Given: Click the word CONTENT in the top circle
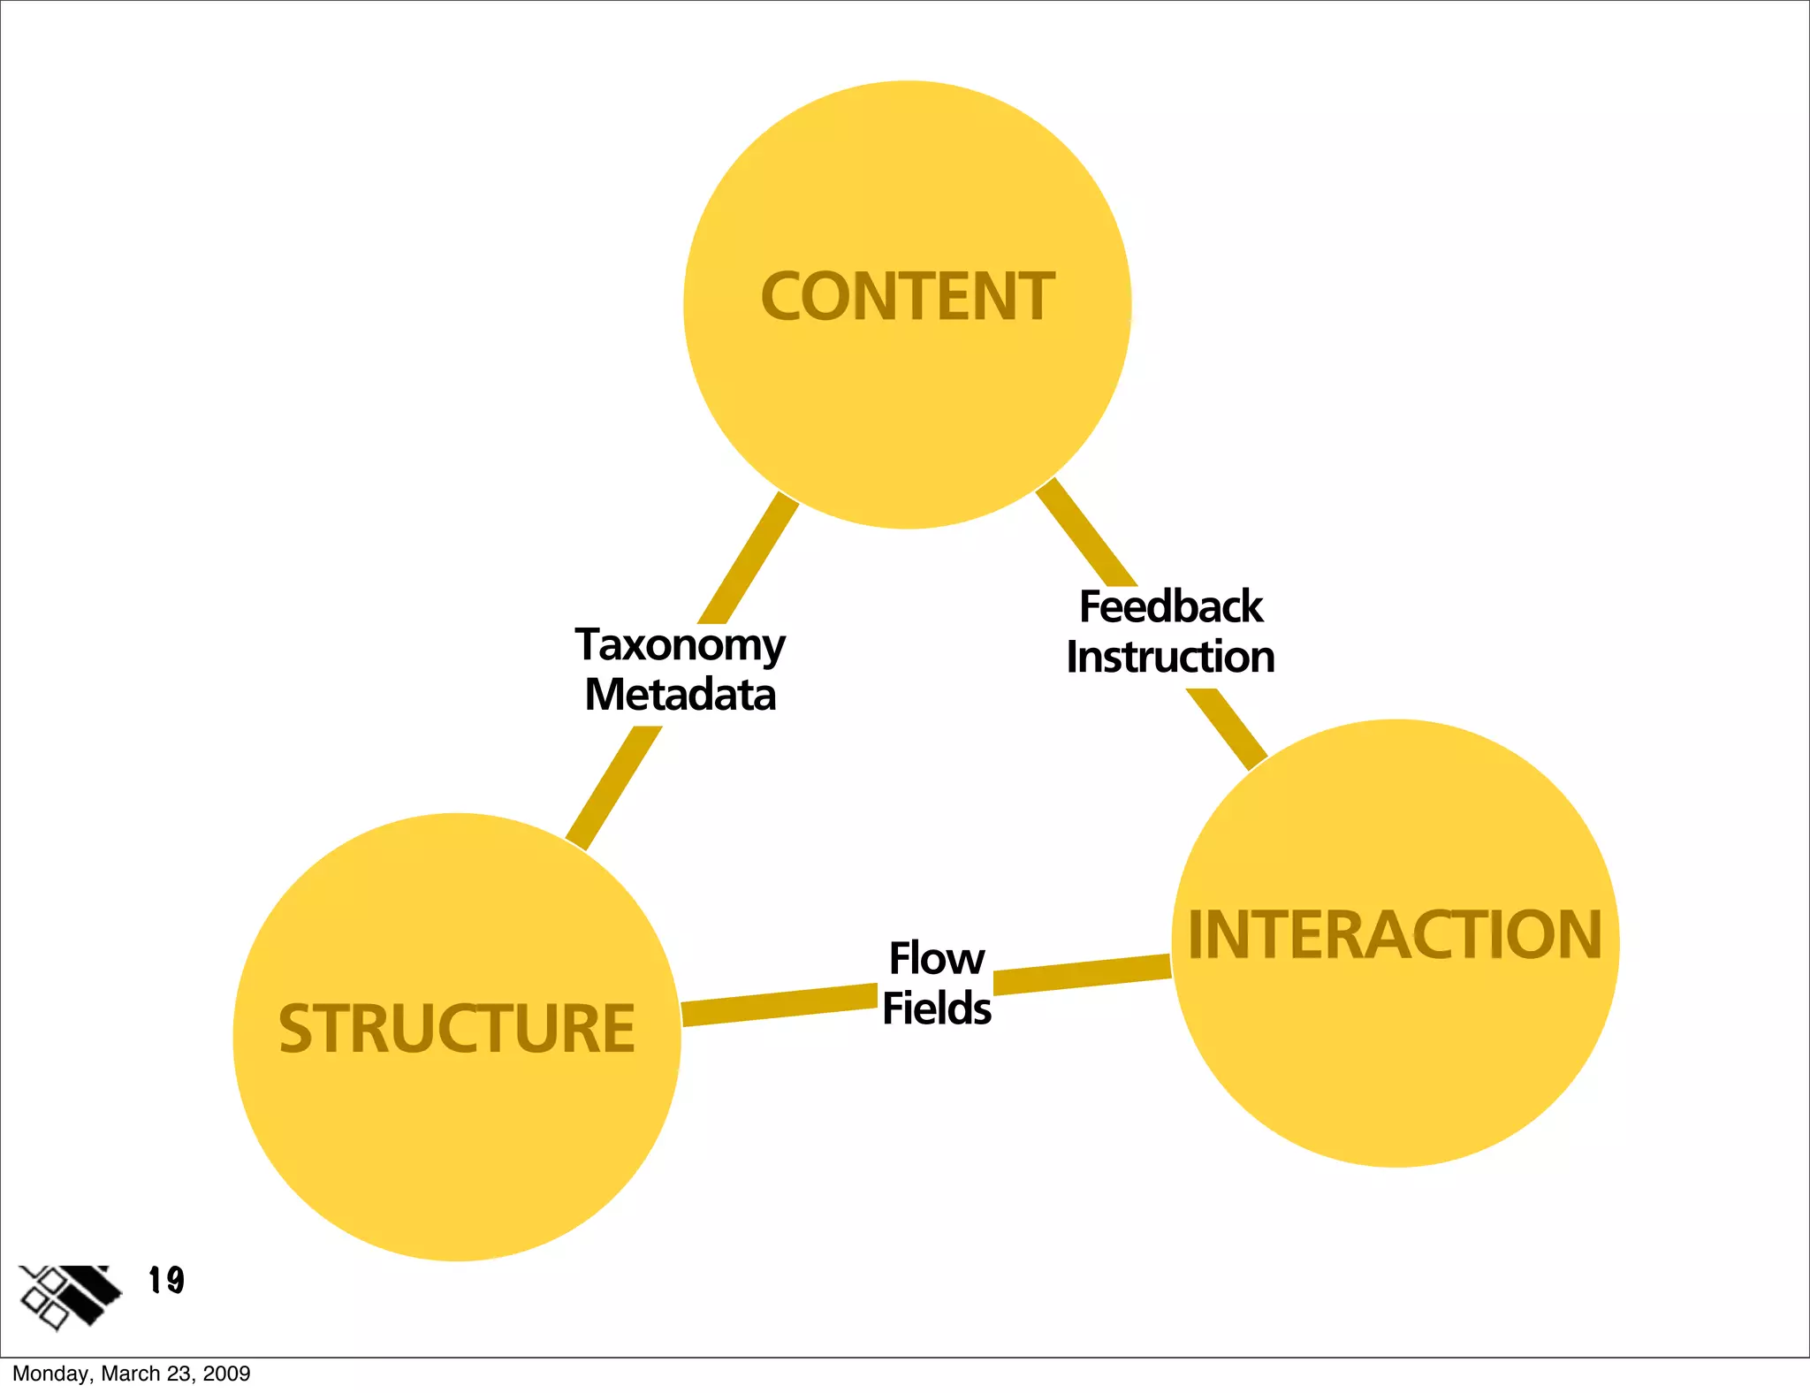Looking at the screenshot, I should (x=908, y=297).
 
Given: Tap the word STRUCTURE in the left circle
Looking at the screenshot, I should (x=457, y=1029).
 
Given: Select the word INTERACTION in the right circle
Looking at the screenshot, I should (x=1395, y=934).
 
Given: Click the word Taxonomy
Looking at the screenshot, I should (x=680, y=646).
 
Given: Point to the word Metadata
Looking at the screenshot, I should (x=680, y=695).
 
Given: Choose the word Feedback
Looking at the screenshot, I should (x=1171, y=607).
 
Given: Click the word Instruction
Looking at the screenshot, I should (x=1170, y=658).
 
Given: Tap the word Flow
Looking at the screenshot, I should (x=937, y=959).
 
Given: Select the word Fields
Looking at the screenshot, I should (x=937, y=1009).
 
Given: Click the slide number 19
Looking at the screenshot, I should (x=166, y=1280).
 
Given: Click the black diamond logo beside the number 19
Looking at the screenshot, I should (x=69, y=1296).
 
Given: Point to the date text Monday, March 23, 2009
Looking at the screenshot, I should (x=131, y=1374).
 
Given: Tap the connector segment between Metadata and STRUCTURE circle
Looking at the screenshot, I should (x=613, y=788).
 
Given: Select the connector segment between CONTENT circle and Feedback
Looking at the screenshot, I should (x=1087, y=533).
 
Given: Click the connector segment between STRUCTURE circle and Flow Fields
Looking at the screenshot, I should (x=778, y=1007).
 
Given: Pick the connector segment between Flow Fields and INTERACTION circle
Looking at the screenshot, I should (x=1083, y=974).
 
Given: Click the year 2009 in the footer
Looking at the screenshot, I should (x=226, y=1374).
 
